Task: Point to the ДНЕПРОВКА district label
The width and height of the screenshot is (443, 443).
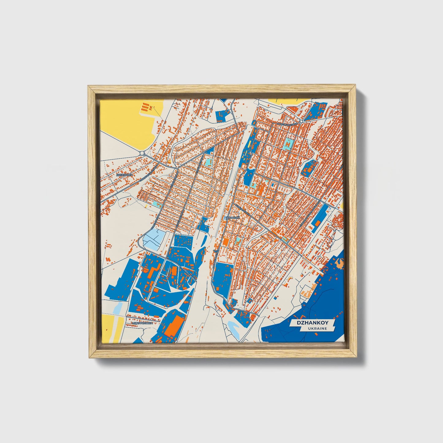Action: (x=125, y=174)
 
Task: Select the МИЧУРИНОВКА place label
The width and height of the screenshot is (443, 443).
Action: (x=142, y=323)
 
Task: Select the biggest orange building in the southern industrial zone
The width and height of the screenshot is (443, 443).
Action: (x=173, y=326)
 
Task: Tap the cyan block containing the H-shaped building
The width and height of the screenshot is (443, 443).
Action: (x=288, y=143)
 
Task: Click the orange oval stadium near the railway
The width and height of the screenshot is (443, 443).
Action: (x=226, y=242)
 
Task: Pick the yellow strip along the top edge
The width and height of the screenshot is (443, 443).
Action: (x=282, y=101)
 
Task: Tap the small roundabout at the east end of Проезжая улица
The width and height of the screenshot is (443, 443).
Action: (x=302, y=121)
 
